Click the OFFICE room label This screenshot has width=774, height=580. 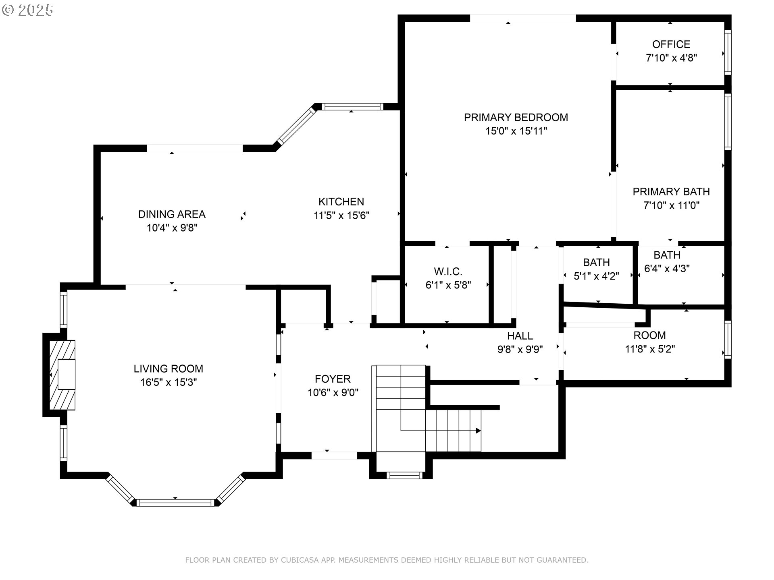671,44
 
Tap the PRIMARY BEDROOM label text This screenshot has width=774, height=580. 516,118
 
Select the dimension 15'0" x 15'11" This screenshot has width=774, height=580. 516,131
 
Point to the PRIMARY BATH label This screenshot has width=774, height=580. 671,192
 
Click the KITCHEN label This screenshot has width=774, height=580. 341,202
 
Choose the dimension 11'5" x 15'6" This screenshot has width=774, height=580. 341,215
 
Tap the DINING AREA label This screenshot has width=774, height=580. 172,214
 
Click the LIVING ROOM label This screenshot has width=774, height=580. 169,369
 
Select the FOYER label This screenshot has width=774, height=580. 333,379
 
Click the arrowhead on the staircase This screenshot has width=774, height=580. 479,431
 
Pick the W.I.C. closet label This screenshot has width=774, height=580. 448,271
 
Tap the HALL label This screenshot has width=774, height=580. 520,336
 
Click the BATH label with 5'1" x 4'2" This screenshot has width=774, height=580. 596,263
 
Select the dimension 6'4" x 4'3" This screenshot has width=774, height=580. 667,269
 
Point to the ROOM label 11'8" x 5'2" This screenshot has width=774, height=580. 649,336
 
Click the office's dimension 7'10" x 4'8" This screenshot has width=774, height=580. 671,58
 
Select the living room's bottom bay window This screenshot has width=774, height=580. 175,502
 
